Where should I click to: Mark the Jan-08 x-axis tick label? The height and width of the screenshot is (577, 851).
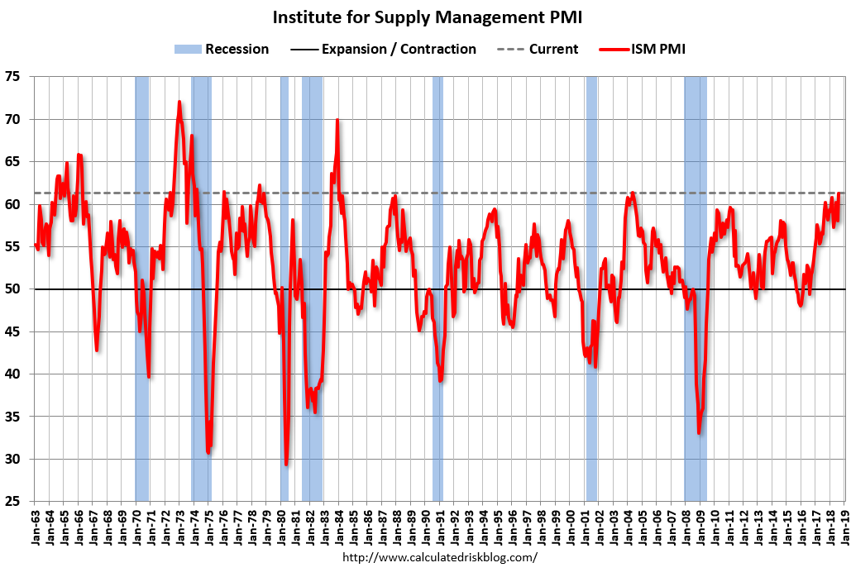pos(686,524)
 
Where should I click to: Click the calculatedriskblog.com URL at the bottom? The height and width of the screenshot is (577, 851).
pos(439,557)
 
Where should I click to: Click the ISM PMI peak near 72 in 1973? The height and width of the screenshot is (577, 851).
pos(179,103)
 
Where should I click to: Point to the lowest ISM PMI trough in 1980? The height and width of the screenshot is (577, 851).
pos(286,464)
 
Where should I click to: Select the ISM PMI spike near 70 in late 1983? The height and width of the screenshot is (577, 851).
pos(337,121)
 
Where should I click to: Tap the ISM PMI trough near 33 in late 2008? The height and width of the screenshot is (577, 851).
pos(699,432)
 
